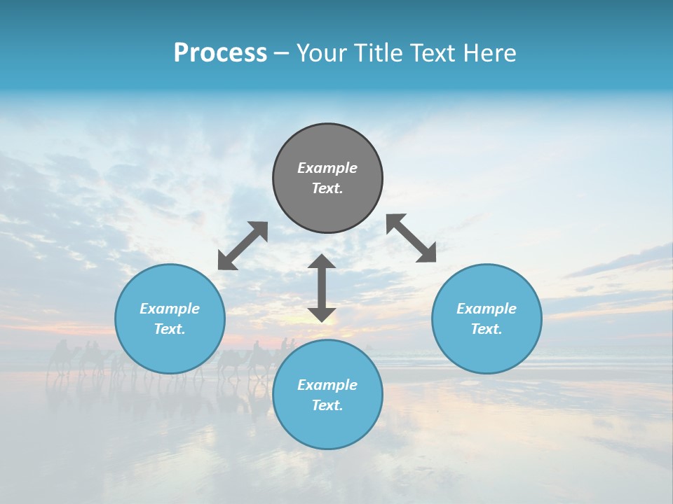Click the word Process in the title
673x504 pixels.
pyautogui.click(x=220, y=53)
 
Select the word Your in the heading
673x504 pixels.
pyautogui.click(x=322, y=53)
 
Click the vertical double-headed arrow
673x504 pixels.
pyautogui.click(x=322, y=288)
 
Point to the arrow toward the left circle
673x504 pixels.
pyautogui.click(x=243, y=246)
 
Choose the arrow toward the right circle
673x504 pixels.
pyautogui.click(x=411, y=238)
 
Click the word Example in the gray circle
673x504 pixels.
pyautogui.click(x=327, y=168)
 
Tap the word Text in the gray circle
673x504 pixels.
pyautogui.click(x=327, y=188)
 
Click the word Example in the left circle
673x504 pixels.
pyautogui.click(x=170, y=309)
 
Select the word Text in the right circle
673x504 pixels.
pyautogui.click(x=487, y=329)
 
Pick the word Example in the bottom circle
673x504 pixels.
pyautogui.click(x=327, y=385)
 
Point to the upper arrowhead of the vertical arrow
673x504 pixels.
pyautogui.click(x=322, y=261)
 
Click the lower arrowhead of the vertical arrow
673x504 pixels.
pyautogui.click(x=322, y=314)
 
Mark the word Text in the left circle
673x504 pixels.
pyautogui.click(x=170, y=329)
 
